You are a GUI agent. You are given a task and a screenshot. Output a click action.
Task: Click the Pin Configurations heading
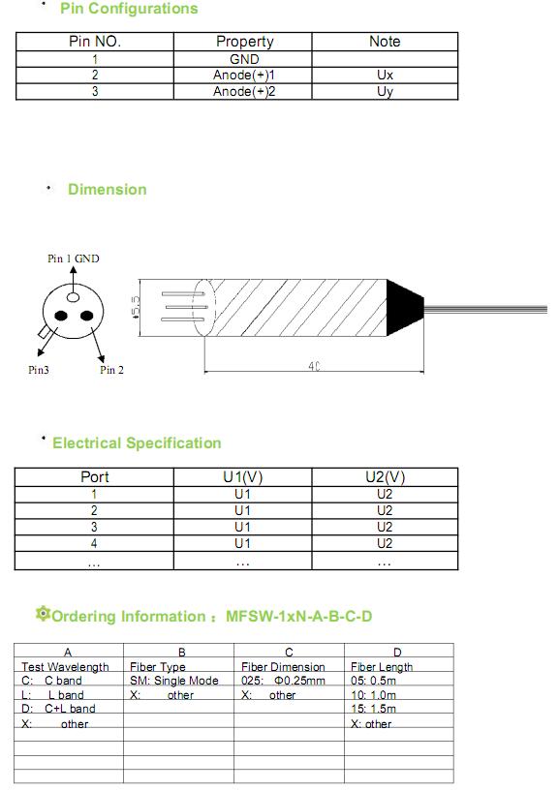(x=129, y=9)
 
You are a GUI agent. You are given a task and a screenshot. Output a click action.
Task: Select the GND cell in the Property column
(x=244, y=59)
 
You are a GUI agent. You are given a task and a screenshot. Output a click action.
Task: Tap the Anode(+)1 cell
(x=244, y=76)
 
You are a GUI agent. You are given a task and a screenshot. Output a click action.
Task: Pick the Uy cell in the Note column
(x=385, y=91)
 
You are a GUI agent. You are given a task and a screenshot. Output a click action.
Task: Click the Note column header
(x=385, y=42)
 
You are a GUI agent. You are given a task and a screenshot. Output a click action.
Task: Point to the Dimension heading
(x=108, y=189)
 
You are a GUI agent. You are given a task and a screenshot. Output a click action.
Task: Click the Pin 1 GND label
(x=74, y=259)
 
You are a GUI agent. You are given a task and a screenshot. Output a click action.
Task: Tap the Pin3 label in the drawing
(x=39, y=370)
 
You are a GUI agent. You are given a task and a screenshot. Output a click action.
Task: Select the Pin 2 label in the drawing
(x=111, y=370)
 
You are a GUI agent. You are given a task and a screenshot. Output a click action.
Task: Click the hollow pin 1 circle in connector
(x=74, y=296)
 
